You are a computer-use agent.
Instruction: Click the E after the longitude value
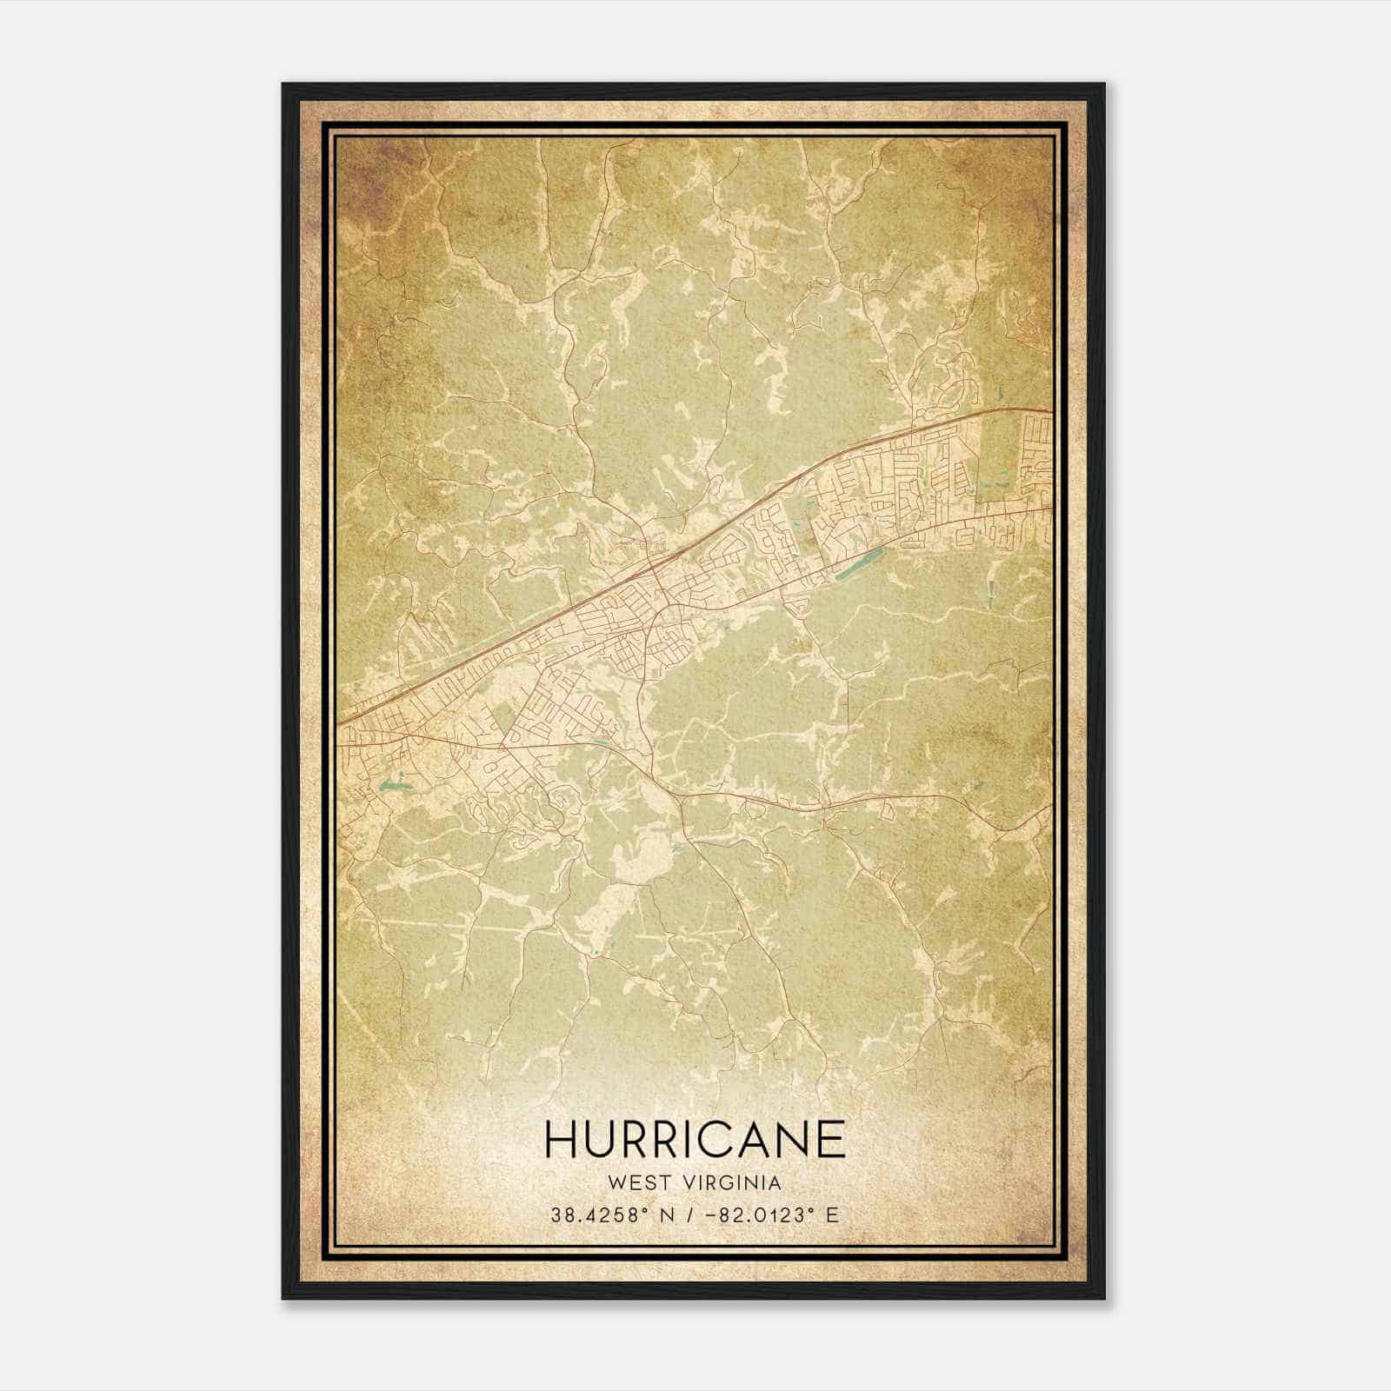click(833, 1215)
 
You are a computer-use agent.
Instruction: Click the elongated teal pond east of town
click(857, 563)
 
